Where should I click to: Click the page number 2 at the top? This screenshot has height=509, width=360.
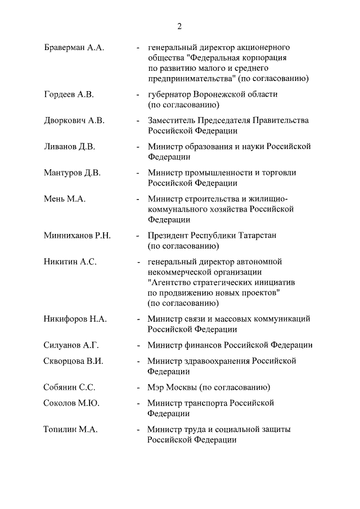[x=179, y=26]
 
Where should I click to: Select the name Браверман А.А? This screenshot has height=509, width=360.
[x=74, y=48]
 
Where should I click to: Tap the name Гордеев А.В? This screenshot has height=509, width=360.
[x=69, y=94]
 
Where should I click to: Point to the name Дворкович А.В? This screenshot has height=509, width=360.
[x=74, y=120]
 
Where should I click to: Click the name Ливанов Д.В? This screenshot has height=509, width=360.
[x=70, y=147]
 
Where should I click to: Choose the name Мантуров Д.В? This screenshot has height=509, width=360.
[x=72, y=173]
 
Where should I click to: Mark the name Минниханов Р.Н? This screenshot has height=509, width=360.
[x=77, y=235]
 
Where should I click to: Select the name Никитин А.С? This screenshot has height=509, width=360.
[x=70, y=262]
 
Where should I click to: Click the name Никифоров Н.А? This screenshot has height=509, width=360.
[x=75, y=319]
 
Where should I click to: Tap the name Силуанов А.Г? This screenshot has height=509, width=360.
[x=71, y=345]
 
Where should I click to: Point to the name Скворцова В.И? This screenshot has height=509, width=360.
[x=74, y=361]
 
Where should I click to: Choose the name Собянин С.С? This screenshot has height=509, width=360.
[x=70, y=388]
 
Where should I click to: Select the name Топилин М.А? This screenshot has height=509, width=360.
[x=71, y=430]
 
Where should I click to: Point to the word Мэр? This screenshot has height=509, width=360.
[x=156, y=388]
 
